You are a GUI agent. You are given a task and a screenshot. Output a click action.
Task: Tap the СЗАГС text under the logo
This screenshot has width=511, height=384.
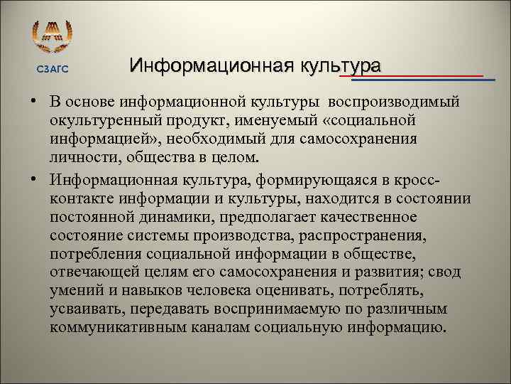(53, 68)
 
